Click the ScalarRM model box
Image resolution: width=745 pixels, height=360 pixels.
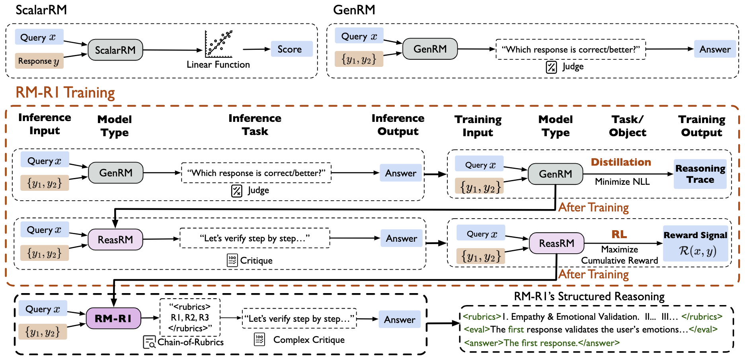(115, 50)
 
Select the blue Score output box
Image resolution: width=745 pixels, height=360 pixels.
(291, 49)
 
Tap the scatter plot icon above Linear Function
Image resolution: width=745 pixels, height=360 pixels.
(218, 44)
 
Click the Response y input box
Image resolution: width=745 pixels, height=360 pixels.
(39, 61)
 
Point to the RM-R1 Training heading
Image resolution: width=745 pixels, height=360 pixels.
(65, 92)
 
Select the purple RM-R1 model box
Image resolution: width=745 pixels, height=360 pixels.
(113, 318)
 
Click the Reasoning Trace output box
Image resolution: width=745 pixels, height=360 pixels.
(700, 174)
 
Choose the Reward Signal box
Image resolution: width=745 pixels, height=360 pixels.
(695, 243)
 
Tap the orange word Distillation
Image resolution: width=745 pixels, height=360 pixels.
(621, 162)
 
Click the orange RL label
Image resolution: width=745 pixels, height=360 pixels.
(619, 234)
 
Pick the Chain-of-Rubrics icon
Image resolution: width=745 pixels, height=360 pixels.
(149, 342)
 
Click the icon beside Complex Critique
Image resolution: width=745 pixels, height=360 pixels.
(259, 340)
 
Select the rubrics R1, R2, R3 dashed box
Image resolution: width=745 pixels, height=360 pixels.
(190, 317)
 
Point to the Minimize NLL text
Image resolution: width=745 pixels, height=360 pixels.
(622, 182)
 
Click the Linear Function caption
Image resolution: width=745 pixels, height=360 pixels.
(218, 65)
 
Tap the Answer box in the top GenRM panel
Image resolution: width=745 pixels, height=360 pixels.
(715, 49)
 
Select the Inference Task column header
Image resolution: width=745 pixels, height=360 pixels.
(255, 125)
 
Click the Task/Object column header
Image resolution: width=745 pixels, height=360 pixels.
(627, 126)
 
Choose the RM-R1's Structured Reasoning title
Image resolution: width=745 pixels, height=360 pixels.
(589, 296)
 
